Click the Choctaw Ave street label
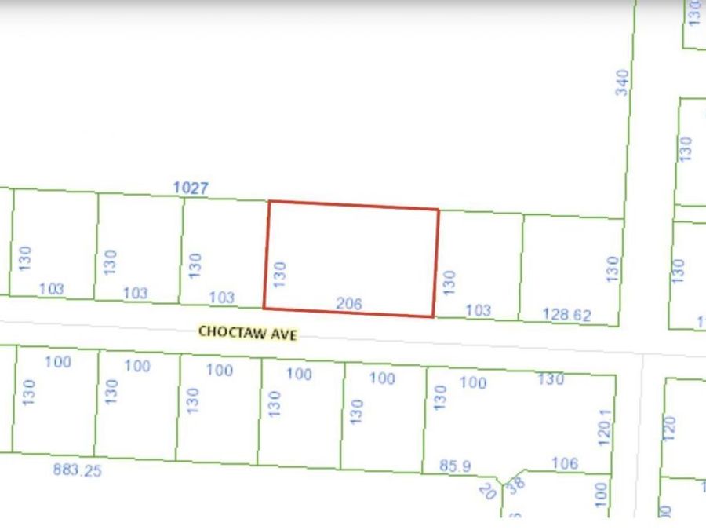coord(247,332)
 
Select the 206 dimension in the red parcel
coord(348,303)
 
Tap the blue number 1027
coord(191,188)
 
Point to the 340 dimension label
coord(622,82)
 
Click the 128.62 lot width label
coord(566,315)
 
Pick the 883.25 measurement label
coord(77,470)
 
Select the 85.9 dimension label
coord(455,466)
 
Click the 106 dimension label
coord(564,463)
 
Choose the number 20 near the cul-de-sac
coord(488,492)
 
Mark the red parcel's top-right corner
coord(438,210)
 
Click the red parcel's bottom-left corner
coord(264,309)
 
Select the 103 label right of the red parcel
coord(478,310)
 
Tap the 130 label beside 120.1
coord(551,379)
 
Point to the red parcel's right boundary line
coord(436,263)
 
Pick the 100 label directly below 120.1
coord(601,493)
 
